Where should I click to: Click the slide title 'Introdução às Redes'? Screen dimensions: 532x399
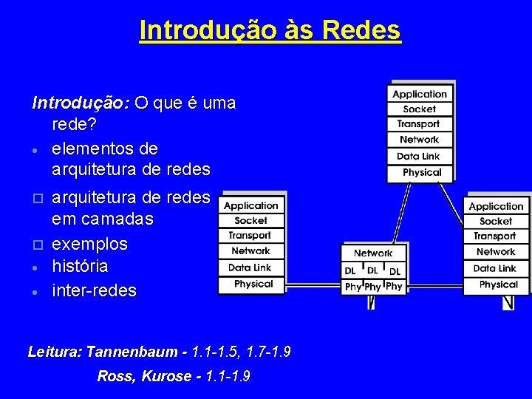[270, 30]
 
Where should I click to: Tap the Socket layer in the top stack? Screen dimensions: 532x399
[420, 109]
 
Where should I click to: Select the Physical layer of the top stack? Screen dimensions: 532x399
[421, 172]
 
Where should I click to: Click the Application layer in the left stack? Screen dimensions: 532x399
[251, 205]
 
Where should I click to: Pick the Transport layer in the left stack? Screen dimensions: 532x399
[250, 236]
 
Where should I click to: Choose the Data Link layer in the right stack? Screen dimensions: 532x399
[495, 268]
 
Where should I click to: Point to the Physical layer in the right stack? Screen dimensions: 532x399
[498, 284]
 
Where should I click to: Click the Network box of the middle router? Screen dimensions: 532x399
[373, 253]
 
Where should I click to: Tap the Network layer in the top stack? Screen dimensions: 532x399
[419, 140]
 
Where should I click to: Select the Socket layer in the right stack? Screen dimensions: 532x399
[496, 221]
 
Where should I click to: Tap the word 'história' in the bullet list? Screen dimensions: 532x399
[80, 266]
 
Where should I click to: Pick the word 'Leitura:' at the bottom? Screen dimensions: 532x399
[55, 352]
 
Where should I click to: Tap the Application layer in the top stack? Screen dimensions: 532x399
[420, 95]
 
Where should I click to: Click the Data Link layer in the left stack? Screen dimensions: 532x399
[250, 267]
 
